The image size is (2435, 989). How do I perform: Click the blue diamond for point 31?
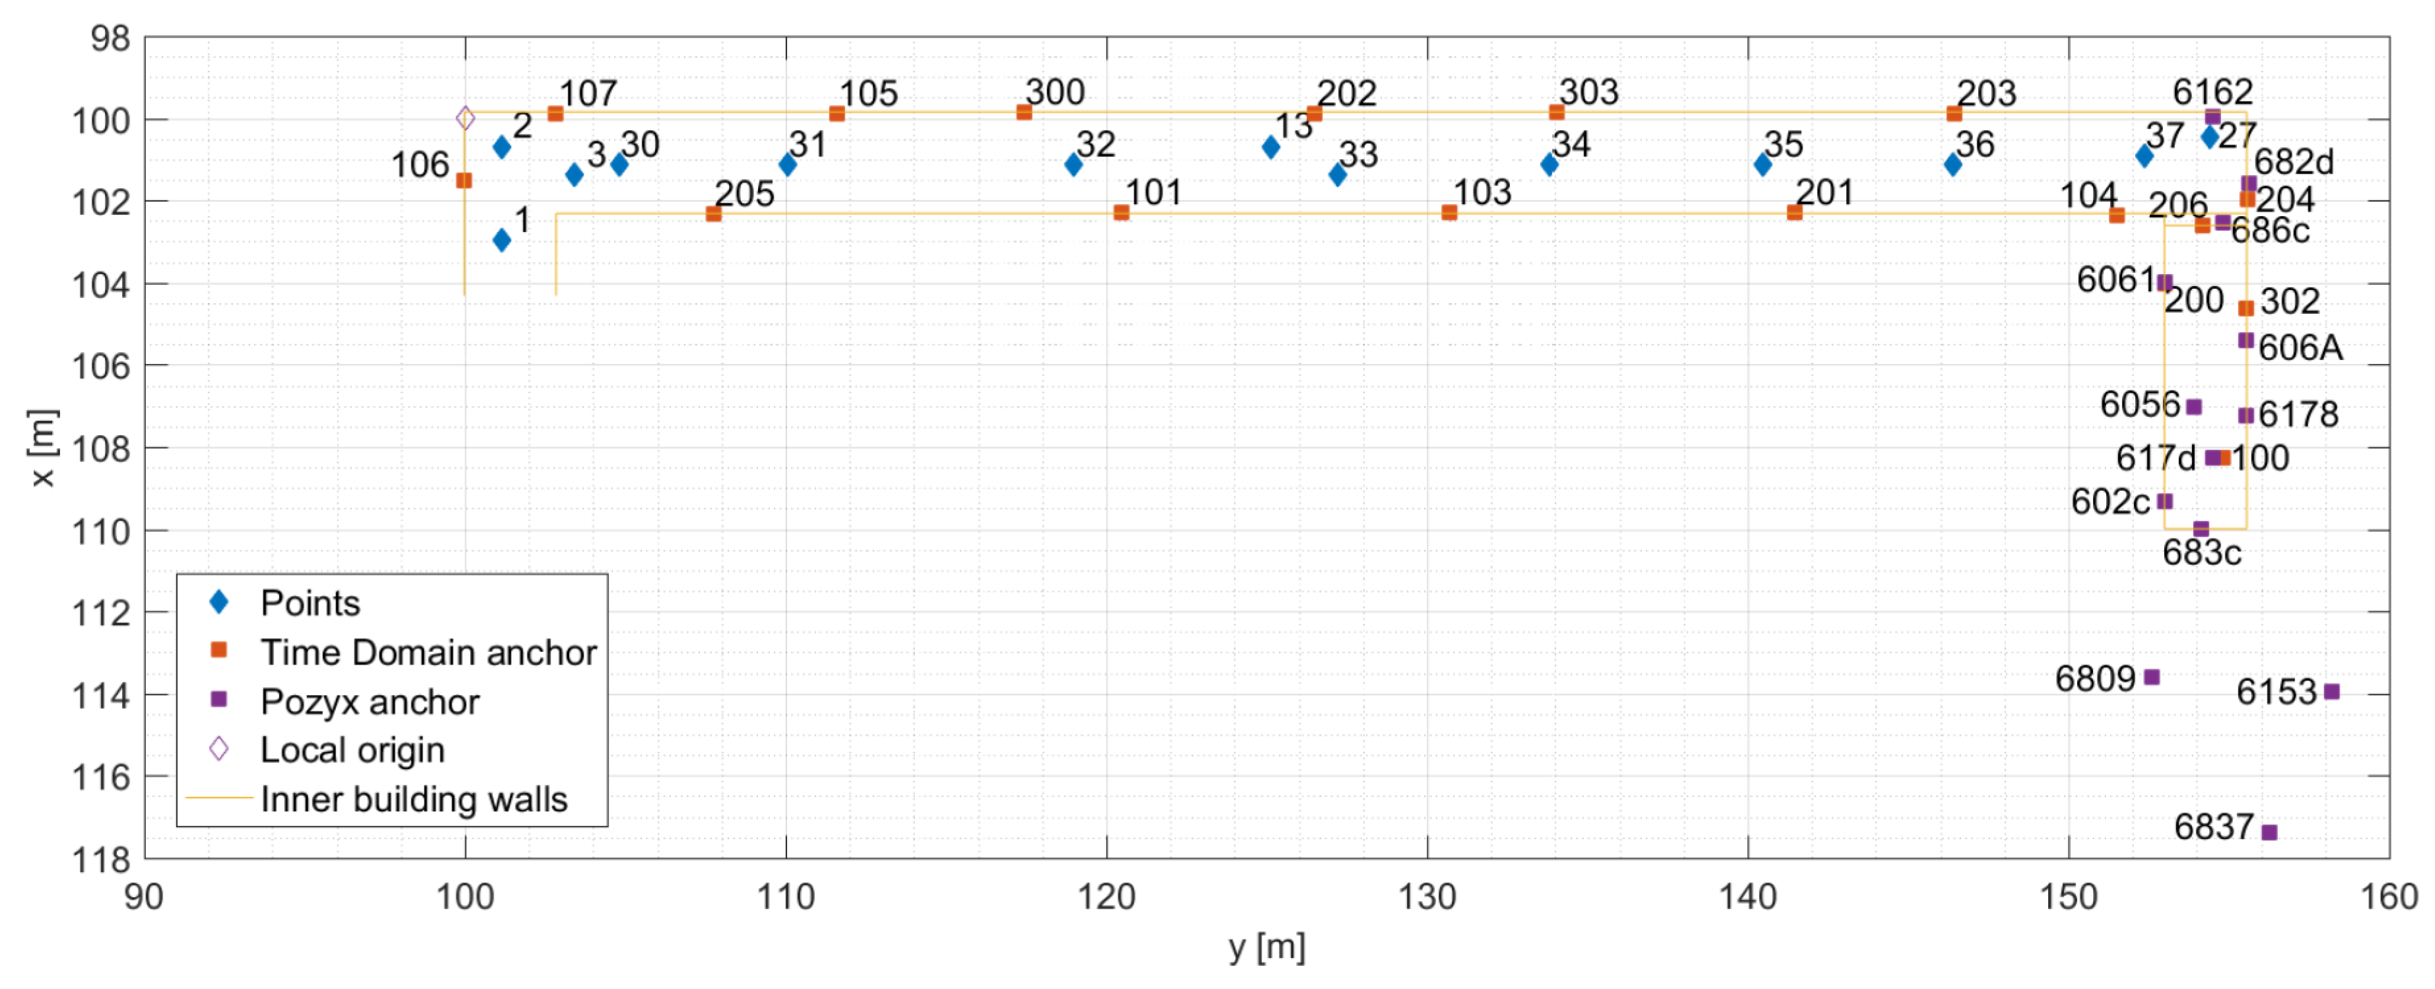point(788,165)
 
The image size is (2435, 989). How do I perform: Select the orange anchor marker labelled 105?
point(837,114)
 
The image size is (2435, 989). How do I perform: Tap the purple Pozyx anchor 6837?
point(2269,832)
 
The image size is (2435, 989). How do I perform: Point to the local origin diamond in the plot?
point(465,118)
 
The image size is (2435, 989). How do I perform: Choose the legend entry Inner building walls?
point(413,799)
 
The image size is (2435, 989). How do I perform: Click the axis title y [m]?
point(1266,947)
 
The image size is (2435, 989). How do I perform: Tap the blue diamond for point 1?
point(502,240)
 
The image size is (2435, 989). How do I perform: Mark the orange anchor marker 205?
point(714,213)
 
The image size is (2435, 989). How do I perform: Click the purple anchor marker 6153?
point(2332,691)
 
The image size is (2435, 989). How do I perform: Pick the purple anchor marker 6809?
point(2151,677)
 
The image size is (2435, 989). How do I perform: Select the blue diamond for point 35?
point(1763,165)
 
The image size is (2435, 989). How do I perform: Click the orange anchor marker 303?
point(1557,112)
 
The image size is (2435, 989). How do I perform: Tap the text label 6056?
point(2139,405)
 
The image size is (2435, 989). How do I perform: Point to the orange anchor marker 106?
point(464,180)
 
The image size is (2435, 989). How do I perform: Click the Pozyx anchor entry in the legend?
point(370,702)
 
